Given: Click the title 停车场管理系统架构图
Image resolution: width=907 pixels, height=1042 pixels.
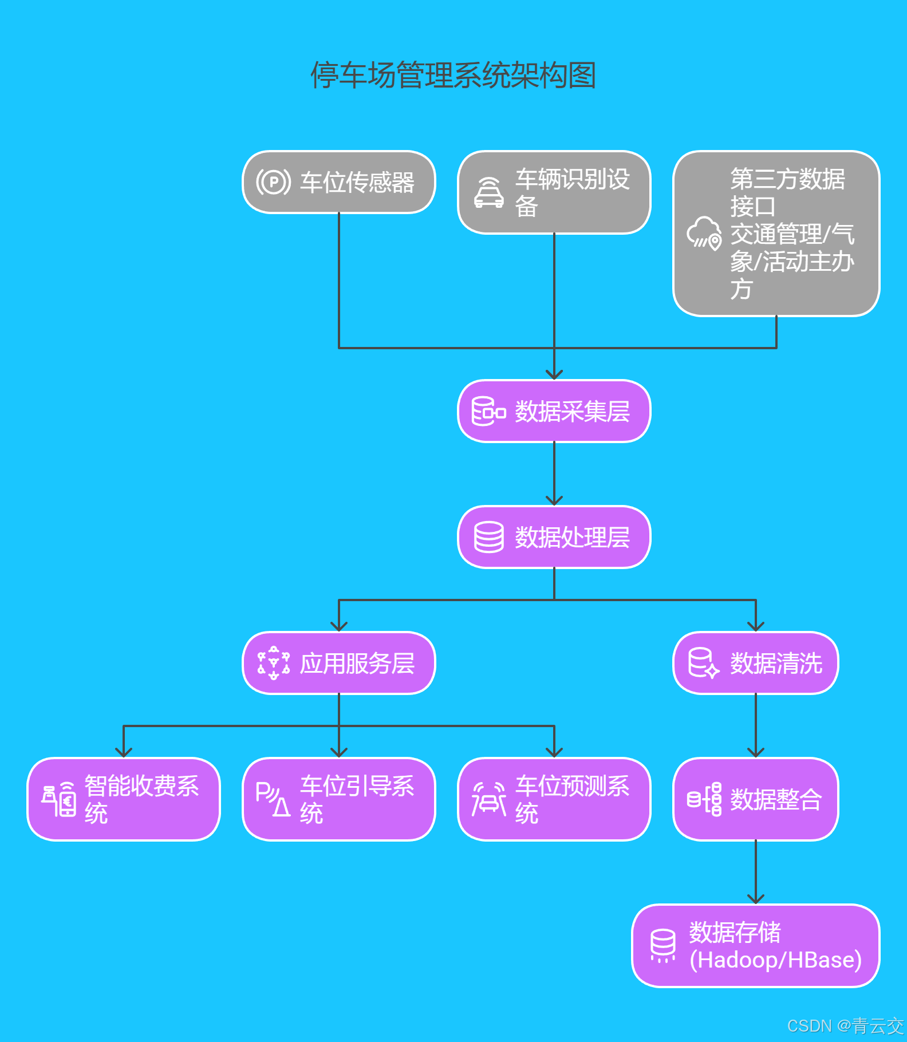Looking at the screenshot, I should pyautogui.click(x=453, y=75).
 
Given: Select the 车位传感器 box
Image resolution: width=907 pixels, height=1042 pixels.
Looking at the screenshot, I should pyautogui.click(x=339, y=182).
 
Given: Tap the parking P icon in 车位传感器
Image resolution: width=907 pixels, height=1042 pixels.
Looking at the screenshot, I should pyautogui.click(x=274, y=182).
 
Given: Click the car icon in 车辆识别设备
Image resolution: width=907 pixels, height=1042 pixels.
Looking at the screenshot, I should pyautogui.click(x=489, y=192).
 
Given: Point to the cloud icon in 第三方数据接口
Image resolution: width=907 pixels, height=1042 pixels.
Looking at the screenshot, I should pyautogui.click(x=704, y=233).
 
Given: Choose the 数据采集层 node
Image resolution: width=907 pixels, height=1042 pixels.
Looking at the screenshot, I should pyautogui.click(x=554, y=411).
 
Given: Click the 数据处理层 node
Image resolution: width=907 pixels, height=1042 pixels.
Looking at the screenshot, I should pyautogui.click(x=554, y=537).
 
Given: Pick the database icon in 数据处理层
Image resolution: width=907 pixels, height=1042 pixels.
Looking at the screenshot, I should pyautogui.click(x=489, y=537).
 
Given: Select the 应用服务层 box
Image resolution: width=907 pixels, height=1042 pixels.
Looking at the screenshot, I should pyautogui.click(x=339, y=663).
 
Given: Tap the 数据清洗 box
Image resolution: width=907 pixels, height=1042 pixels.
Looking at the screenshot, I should pyautogui.click(x=755, y=663).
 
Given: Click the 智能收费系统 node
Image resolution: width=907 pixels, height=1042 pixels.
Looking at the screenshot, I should pyautogui.click(x=124, y=799).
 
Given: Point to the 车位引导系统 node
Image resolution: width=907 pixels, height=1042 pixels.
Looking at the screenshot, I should pyautogui.click(x=339, y=799).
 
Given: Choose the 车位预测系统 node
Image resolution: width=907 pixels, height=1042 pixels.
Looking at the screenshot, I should pyautogui.click(x=554, y=799).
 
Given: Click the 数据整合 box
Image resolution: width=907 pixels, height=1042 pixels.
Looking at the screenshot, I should pyautogui.click(x=755, y=799).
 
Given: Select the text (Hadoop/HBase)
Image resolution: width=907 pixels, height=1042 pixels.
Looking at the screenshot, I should pyautogui.click(x=775, y=960).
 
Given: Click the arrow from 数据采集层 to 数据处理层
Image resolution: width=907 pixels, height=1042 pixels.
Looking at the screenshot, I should pyautogui.click(x=554, y=473).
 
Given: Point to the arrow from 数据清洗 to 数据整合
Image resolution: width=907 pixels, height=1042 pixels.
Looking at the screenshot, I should pyautogui.click(x=756, y=725).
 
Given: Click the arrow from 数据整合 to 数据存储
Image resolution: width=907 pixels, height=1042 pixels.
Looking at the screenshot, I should pyautogui.click(x=756, y=872).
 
